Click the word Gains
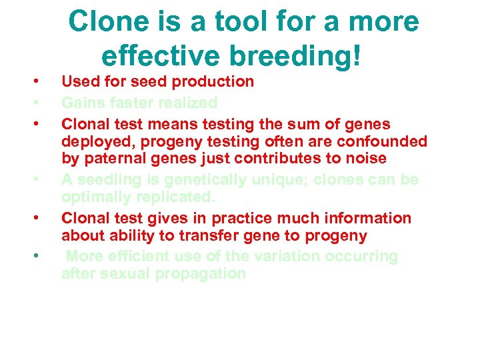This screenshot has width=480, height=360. [x=82, y=103]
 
